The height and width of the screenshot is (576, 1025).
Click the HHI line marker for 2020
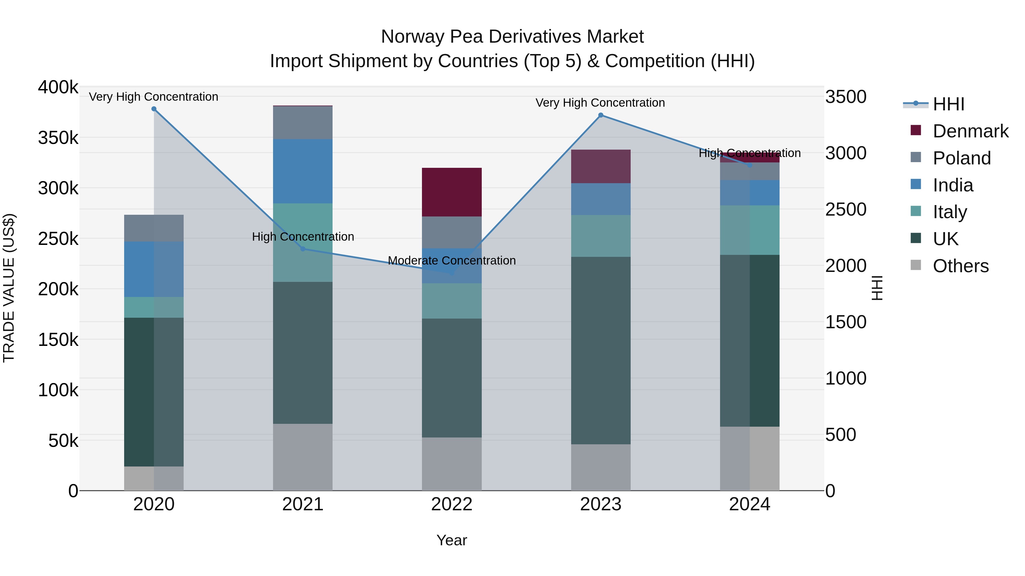154,109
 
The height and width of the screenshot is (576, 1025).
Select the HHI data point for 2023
601,115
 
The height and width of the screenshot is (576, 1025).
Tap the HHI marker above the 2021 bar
303,249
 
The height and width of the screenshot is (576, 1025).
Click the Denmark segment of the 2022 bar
452,192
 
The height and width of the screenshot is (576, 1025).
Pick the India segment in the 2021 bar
303,171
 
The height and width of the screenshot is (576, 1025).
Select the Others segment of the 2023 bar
601,467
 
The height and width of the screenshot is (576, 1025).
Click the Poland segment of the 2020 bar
154,228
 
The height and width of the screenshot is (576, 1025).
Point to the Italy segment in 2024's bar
750,230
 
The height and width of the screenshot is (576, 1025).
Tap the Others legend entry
960,266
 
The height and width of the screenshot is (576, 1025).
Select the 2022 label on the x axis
452,504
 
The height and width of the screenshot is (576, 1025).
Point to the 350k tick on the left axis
58,138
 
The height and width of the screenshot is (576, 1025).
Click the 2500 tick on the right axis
846,209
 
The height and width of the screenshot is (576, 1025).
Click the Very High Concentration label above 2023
600,103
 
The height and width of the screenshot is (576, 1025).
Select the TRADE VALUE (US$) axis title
9,288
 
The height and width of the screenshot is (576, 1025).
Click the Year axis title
452,540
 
